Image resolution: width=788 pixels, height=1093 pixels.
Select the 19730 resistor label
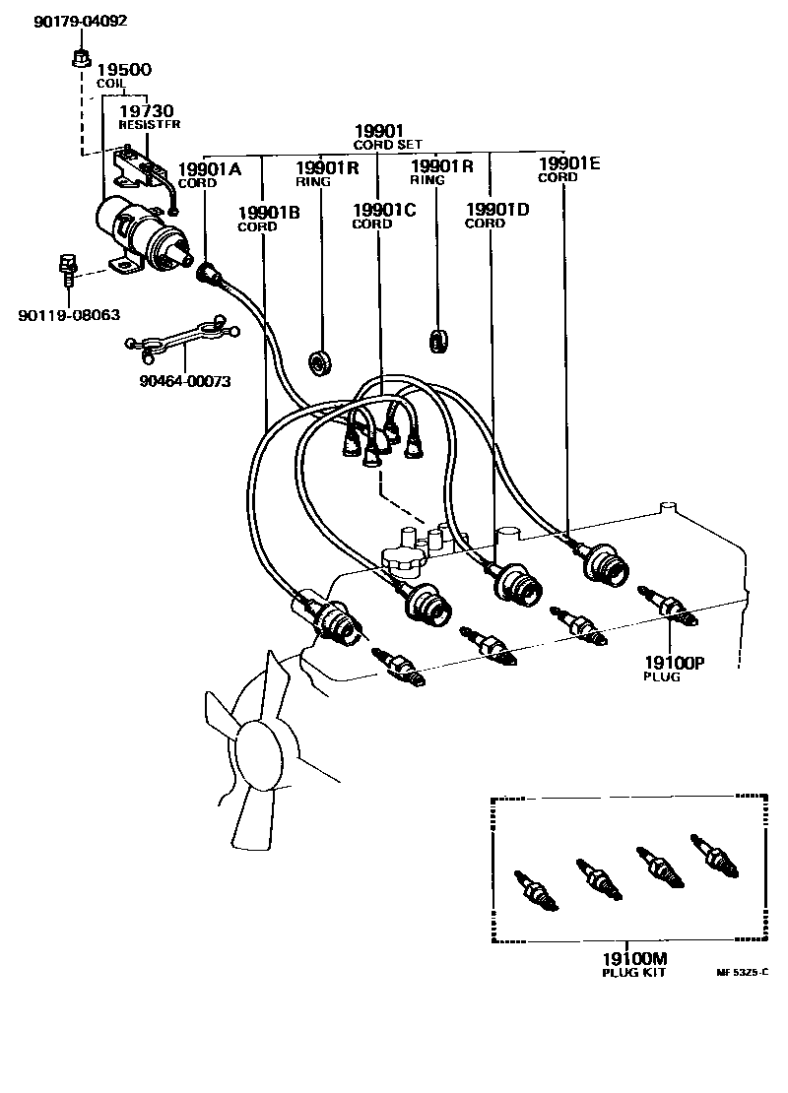pos(147,112)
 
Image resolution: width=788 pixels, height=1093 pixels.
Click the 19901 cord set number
pos(379,131)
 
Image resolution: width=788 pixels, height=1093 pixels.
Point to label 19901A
pos(209,169)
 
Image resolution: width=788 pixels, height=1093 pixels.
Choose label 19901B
pos(268,213)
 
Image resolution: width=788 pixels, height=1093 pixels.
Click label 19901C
pos(384,210)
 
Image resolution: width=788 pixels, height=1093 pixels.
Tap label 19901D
pos(497,210)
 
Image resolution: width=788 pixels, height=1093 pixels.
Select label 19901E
pos(568,164)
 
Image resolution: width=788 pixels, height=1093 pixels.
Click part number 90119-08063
pos(69,315)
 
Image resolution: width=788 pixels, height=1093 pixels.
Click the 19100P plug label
pos(674,663)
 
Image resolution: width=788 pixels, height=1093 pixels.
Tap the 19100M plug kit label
pos(635,959)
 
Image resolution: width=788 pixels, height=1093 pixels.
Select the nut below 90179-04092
pos(81,57)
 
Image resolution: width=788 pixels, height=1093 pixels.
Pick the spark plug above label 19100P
pos(669,608)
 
